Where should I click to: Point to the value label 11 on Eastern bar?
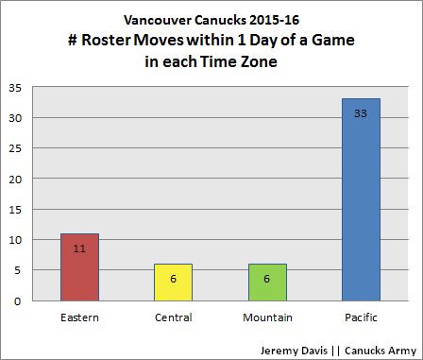(79, 250)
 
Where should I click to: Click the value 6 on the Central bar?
(174, 281)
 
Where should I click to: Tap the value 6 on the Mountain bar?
(267, 281)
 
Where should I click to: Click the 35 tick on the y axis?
(16, 88)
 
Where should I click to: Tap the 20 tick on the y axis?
(16, 179)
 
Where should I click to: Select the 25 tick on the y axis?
(16, 148)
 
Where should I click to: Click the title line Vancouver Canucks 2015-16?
(211, 19)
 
